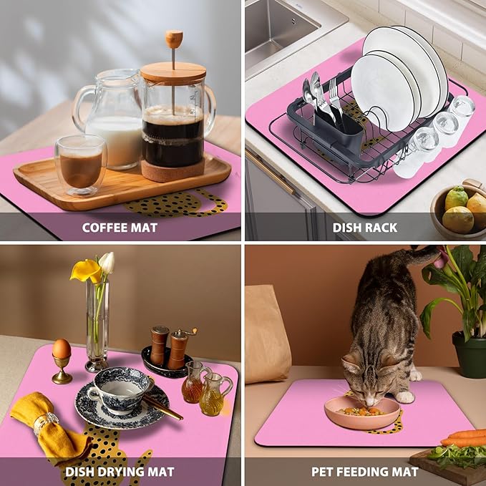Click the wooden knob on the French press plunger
pos(173,39)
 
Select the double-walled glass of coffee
pos(81,165)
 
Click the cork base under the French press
pos(173,171)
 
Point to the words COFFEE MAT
pos(120,228)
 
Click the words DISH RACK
pos(365,228)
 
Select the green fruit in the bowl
pos(456,198)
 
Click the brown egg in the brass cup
pos(62,349)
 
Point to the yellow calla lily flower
pos(86,271)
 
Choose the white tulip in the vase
pos(107,263)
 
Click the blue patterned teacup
pos(121,390)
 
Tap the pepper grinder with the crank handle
pos(179,348)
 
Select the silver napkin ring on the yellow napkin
pos(46,422)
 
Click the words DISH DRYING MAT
pos(120,472)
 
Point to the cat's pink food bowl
pos(362,413)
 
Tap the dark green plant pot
pos(469,354)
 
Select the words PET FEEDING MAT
pos(365,472)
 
